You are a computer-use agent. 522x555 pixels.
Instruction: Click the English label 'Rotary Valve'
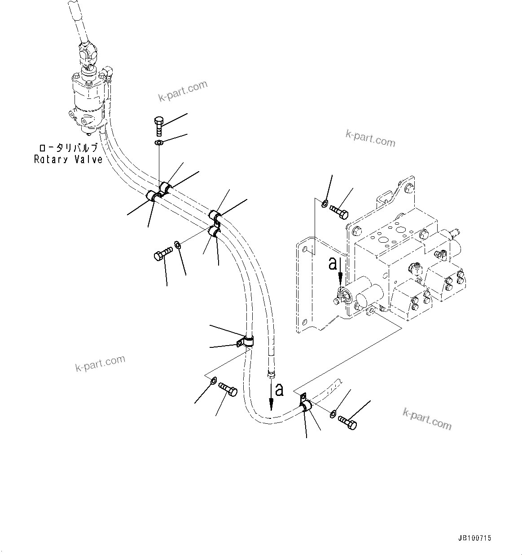(68, 159)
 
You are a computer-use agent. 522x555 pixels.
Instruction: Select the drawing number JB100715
(475, 538)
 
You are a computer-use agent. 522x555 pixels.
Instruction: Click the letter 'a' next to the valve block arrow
(333, 263)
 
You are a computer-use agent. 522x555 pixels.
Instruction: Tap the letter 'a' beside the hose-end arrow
(279, 389)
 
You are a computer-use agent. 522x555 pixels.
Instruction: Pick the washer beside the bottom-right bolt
(332, 414)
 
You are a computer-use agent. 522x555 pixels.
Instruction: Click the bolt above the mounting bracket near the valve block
(339, 211)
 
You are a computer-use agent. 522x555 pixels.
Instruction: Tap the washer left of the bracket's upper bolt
(325, 204)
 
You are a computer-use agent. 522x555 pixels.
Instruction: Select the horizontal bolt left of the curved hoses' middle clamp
(163, 254)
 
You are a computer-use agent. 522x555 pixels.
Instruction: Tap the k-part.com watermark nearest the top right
(370, 138)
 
